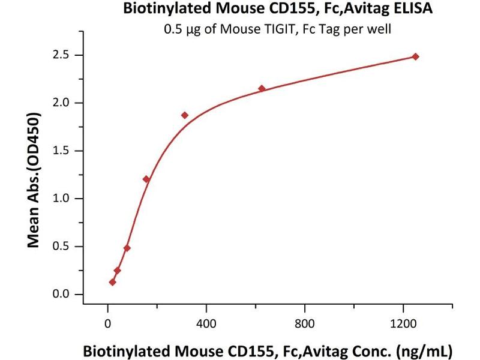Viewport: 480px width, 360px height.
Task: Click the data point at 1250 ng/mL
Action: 415,57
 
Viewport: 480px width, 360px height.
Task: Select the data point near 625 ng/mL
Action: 262,89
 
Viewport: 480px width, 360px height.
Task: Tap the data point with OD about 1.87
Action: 185,115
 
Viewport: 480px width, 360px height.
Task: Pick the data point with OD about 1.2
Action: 146,179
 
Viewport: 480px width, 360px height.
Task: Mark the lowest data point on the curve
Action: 112,282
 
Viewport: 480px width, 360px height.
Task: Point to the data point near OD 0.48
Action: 127,248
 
